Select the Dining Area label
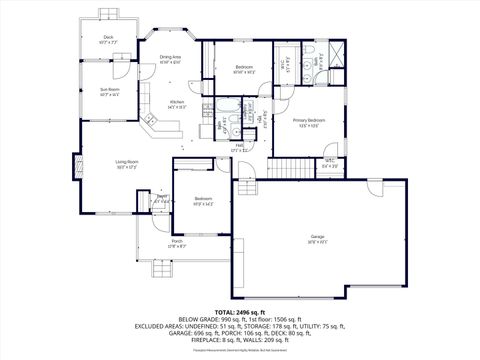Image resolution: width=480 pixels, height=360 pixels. [170, 58]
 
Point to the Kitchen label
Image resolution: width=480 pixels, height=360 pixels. [176, 103]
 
